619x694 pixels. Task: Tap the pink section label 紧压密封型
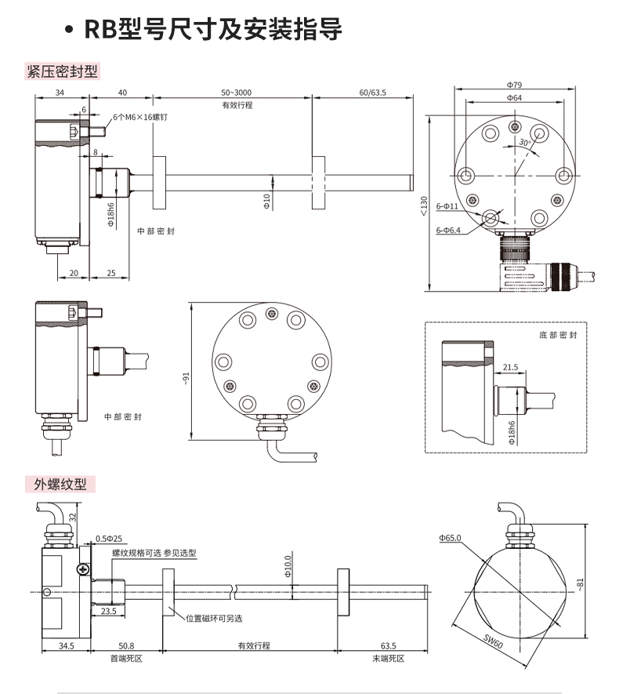pos(62,72)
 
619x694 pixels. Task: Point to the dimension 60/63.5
pos(372,93)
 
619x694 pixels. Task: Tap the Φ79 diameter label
pos(514,84)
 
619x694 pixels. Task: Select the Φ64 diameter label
pos(514,97)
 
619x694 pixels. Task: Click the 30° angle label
pos(525,143)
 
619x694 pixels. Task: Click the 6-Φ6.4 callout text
pos(448,231)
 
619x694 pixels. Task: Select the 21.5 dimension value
pos(510,366)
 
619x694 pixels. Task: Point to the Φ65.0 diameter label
pos(451,538)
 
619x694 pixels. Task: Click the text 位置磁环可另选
pos(213,618)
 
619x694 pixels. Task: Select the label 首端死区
pos(126,657)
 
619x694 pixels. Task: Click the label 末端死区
pos(389,657)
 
